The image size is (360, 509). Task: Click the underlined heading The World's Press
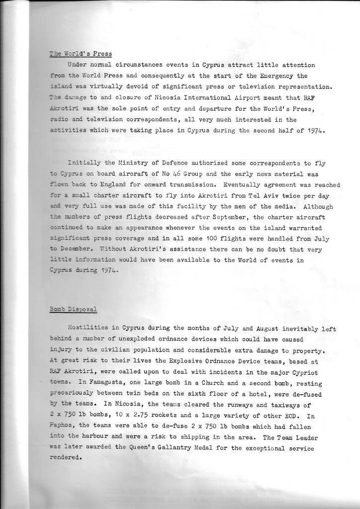click(x=81, y=54)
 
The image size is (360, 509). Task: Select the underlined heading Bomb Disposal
click(x=74, y=309)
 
